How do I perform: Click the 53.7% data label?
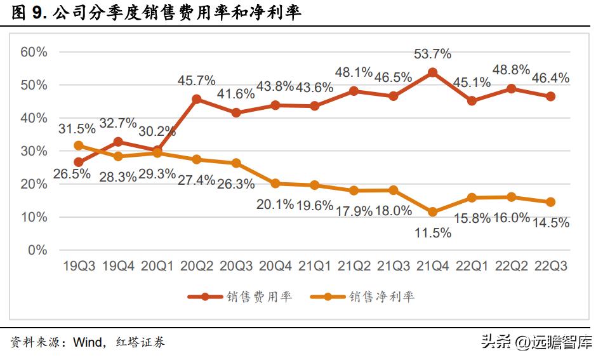click(x=432, y=55)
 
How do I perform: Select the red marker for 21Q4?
click(x=432, y=72)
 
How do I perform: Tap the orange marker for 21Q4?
click(x=432, y=212)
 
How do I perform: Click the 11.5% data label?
click(x=432, y=233)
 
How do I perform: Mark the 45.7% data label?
click(x=196, y=81)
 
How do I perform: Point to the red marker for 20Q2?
click(x=196, y=99)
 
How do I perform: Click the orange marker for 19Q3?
click(x=79, y=145)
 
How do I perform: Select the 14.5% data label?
click(x=551, y=223)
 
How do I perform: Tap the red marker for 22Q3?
click(x=550, y=97)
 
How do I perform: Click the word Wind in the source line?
click(x=88, y=343)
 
